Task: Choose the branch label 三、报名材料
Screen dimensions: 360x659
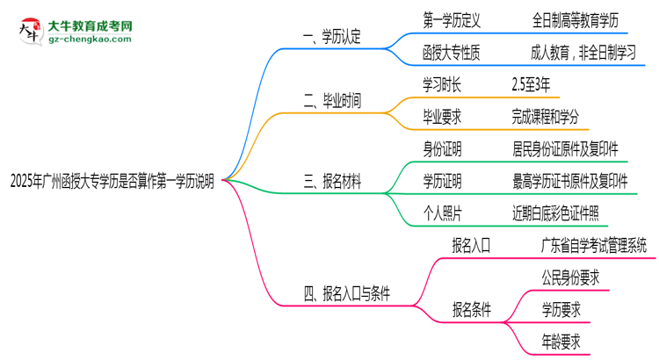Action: pos(332,182)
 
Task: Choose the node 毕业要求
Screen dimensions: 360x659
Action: pos(444,116)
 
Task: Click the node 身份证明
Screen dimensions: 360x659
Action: pos(444,148)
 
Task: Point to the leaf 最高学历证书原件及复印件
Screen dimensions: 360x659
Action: pos(569,181)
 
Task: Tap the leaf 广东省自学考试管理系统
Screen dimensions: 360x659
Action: pos(594,245)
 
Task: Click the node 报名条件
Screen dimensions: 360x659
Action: pos(472,309)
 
